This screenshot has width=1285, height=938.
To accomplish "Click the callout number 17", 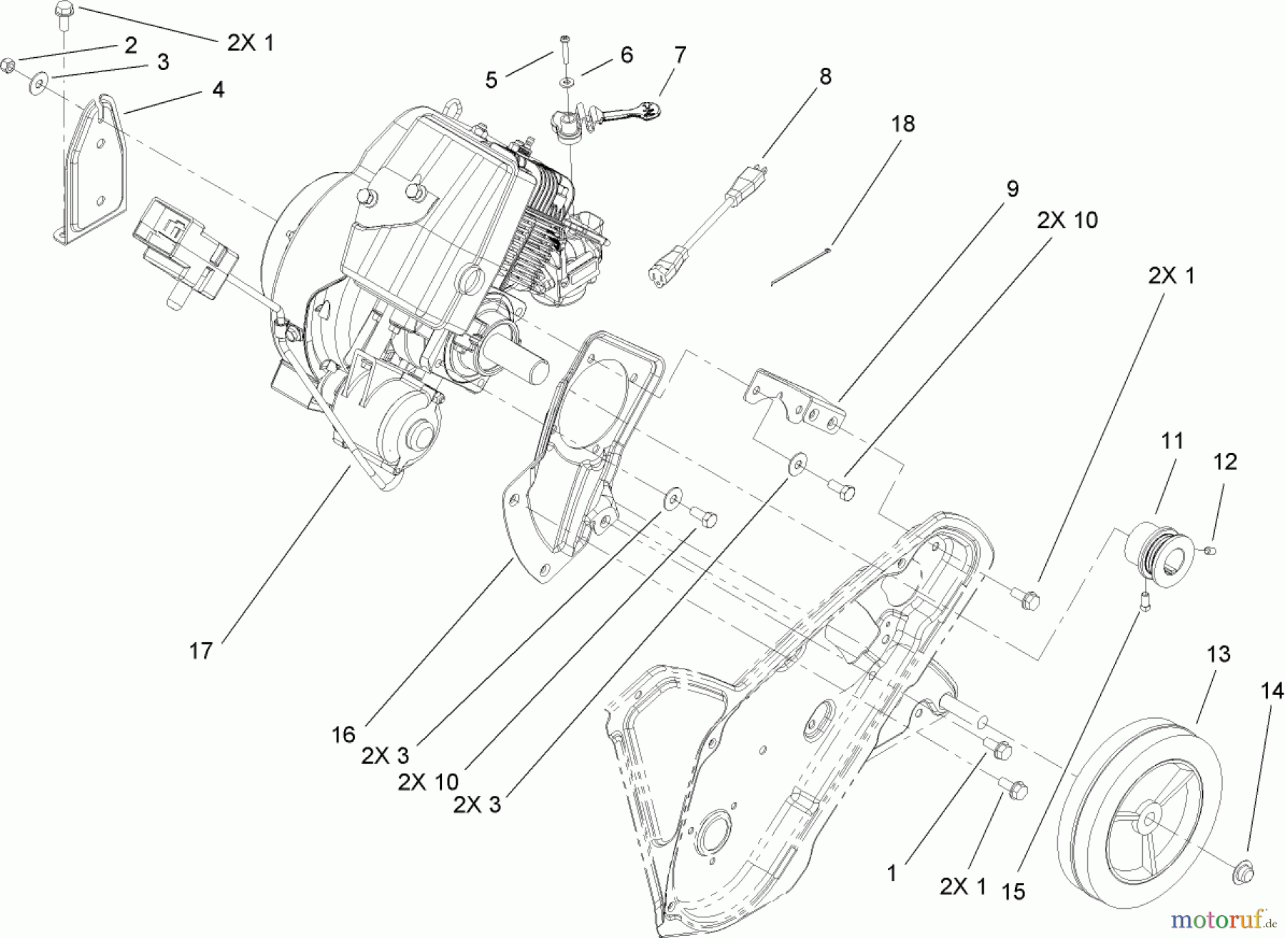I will pos(201,652).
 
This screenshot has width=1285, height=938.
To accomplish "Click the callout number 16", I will pos(343,734).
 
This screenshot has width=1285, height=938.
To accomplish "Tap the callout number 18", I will pos(902,124).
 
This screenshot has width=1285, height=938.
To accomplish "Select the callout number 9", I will pos(1012,189).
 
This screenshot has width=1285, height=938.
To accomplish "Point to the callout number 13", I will pos(1219,654).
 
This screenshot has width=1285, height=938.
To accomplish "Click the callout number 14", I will pos(1271,691).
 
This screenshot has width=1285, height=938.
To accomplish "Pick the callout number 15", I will pos(1013,892).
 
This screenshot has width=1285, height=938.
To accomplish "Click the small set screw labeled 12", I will pos(1207,549).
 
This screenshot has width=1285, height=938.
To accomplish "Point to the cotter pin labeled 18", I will pos(800,266).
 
